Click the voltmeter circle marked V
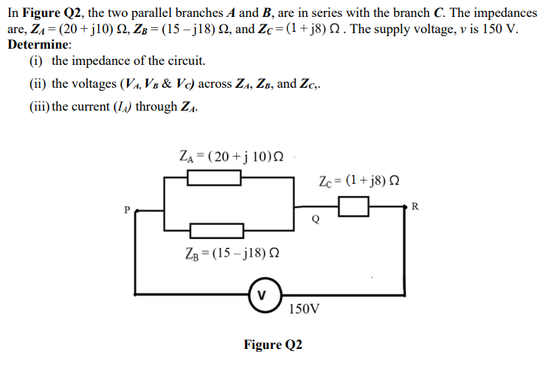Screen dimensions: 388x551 (x=262, y=294)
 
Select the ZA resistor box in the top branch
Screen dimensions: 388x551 (x=214, y=178)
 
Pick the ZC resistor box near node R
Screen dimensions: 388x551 (x=353, y=209)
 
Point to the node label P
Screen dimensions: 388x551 (x=127, y=211)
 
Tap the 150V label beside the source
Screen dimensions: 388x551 (x=305, y=308)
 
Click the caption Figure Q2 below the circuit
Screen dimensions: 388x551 (x=273, y=344)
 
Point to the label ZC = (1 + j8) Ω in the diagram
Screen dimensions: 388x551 (x=360, y=181)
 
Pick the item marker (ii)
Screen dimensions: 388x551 (x=39, y=83)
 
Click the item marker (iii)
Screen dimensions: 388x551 (x=41, y=106)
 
